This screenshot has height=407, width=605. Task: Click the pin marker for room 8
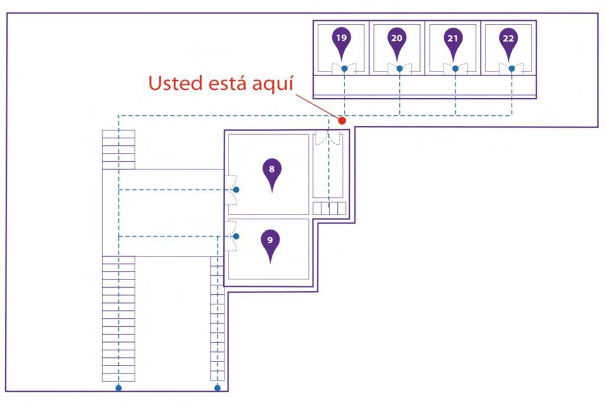[272, 171]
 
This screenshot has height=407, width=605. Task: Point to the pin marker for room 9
[270, 242]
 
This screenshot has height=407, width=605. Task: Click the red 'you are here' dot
[341, 121]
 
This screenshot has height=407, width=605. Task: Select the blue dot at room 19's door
[344, 69]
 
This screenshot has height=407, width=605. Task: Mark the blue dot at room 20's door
[399, 69]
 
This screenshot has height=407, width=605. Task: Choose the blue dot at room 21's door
[455, 69]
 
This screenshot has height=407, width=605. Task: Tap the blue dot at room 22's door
[511, 69]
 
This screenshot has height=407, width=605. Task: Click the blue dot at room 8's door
[236, 190]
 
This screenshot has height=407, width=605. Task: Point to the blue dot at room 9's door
[236, 236]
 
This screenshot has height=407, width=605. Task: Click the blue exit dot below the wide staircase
[119, 388]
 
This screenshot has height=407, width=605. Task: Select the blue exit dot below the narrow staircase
[217, 388]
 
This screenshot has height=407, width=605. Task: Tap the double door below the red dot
[328, 139]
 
